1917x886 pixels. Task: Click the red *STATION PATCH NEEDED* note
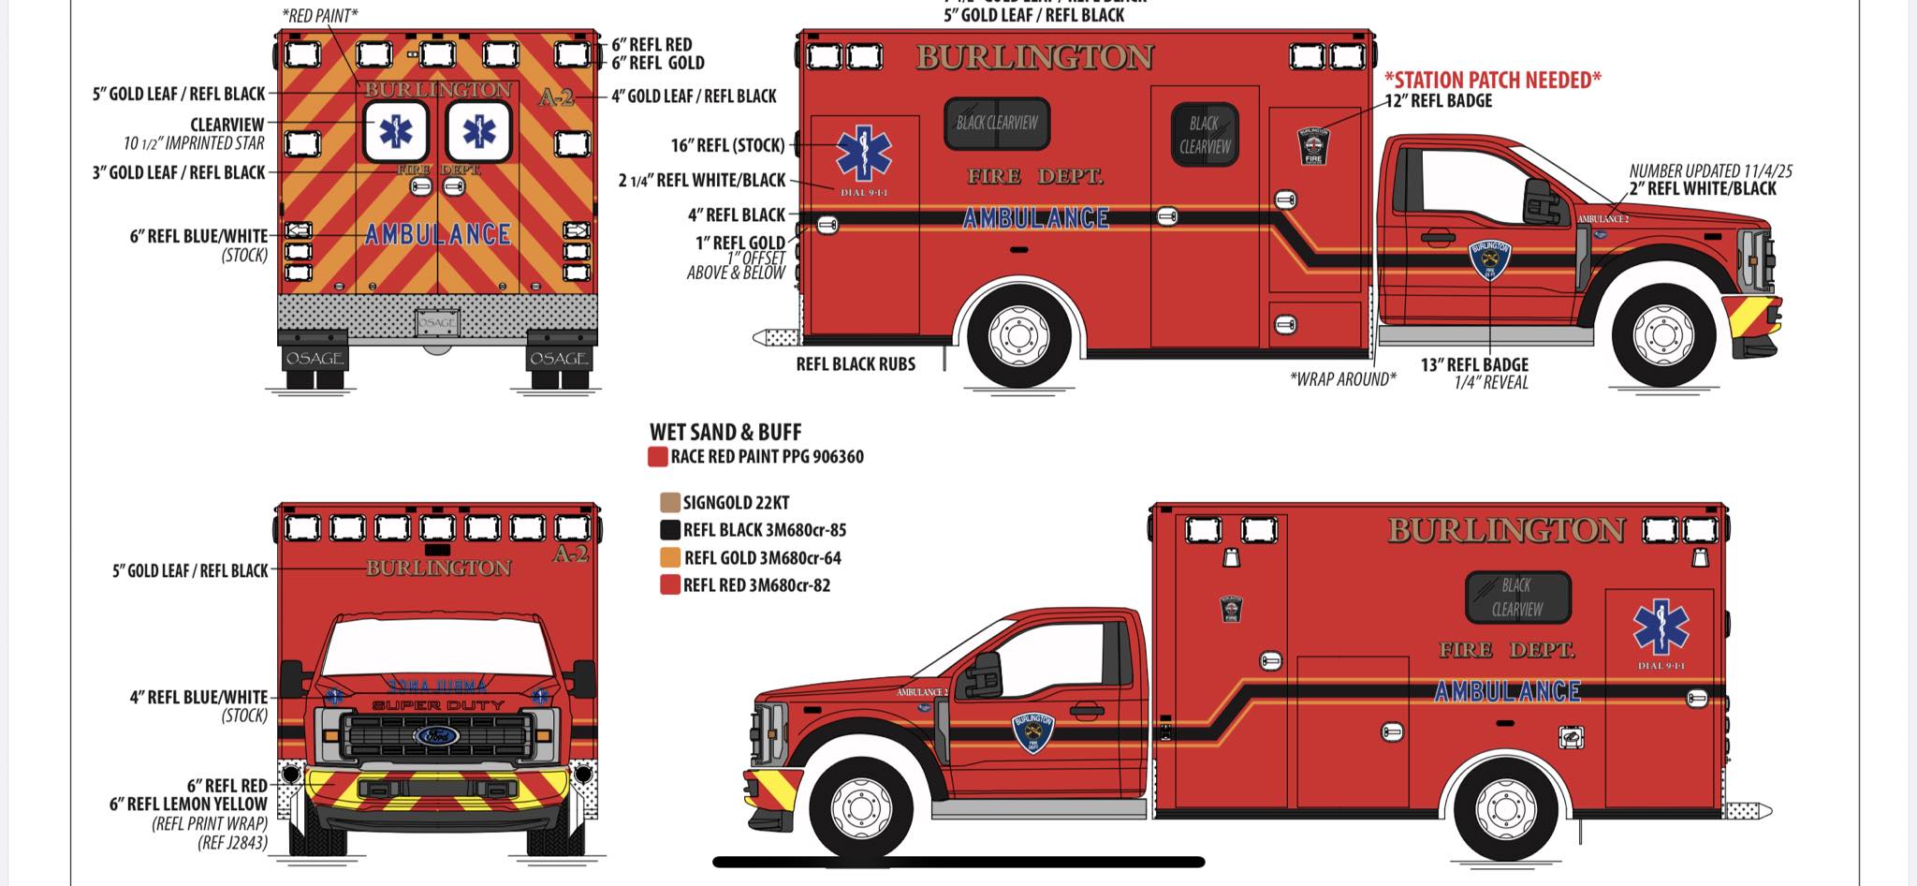click(1492, 81)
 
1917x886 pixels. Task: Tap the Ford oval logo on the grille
click(437, 736)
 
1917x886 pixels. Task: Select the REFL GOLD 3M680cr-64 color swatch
click(669, 558)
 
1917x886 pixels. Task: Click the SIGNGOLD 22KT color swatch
click(669, 503)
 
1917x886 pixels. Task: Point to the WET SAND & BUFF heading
click(725, 433)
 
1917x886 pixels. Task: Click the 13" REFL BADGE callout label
click(1474, 365)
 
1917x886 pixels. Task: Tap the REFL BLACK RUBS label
click(856, 364)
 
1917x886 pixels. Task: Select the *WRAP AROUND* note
click(1342, 379)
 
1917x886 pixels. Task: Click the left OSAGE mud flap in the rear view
click(314, 357)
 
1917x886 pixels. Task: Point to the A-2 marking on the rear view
click(557, 96)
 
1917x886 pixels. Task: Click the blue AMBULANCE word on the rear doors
click(438, 234)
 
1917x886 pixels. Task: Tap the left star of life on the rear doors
click(396, 132)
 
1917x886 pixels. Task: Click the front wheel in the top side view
click(1663, 334)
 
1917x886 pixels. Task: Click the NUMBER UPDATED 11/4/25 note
click(1710, 171)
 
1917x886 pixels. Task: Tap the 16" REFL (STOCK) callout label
click(727, 145)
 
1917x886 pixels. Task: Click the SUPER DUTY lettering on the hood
click(437, 705)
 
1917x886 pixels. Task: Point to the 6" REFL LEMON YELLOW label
click(188, 804)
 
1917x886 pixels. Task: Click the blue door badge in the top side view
click(1489, 259)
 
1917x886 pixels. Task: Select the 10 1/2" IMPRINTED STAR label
click(194, 143)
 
